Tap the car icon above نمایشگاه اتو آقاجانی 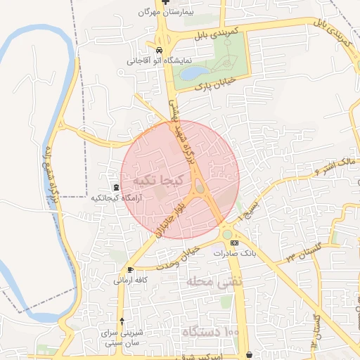click(160, 51)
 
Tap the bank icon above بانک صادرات click(235, 243)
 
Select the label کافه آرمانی click(130, 280)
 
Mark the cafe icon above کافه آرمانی click(130, 269)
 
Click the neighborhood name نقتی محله click(205, 283)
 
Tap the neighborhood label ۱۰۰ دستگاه click(211, 330)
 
